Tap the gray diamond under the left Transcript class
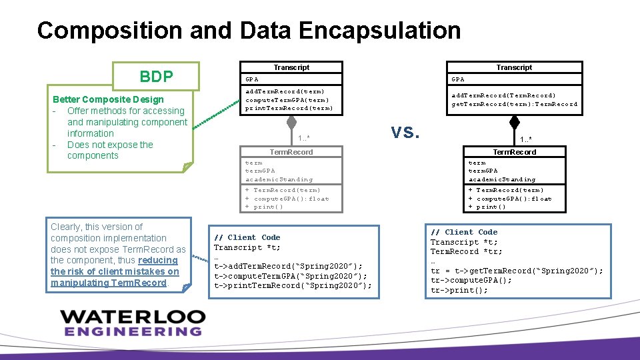click(291, 123)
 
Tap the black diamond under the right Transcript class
click(514, 123)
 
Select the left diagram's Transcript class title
click(291, 67)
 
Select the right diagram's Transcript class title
click(514, 67)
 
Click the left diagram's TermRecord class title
click(291, 152)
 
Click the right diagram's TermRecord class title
click(514, 152)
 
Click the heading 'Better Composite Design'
click(108, 100)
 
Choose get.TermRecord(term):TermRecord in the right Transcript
click(514, 104)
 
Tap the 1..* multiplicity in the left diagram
click(304, 139)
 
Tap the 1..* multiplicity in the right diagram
click(526, 139)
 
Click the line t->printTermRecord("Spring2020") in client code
click(293, 285)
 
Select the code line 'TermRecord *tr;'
click(467, 251)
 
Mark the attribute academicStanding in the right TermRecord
click(502, 179)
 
